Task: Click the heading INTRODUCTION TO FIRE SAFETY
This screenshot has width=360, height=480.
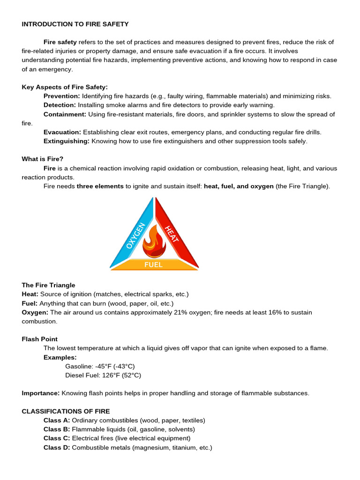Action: pos(75,24)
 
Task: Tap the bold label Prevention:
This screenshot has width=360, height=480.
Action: pos(62,96)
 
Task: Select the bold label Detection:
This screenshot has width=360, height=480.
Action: pos(60,105)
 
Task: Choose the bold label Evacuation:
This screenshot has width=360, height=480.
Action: pos(62,132)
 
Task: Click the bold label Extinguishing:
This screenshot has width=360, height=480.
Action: pos(67,141)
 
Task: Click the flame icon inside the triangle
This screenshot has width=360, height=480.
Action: pos(154,241)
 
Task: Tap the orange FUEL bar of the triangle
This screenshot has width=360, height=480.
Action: pos(154,265)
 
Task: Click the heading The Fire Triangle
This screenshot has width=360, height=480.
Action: pos(48,285)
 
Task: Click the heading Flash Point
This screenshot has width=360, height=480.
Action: pos(40,339)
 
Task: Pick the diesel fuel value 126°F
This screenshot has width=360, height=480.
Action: pos(106,375)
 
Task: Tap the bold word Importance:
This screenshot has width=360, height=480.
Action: pos(41,393)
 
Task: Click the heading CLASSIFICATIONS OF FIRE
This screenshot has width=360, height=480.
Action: pos(66,411)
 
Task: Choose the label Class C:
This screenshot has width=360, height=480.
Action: pos(57,438)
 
